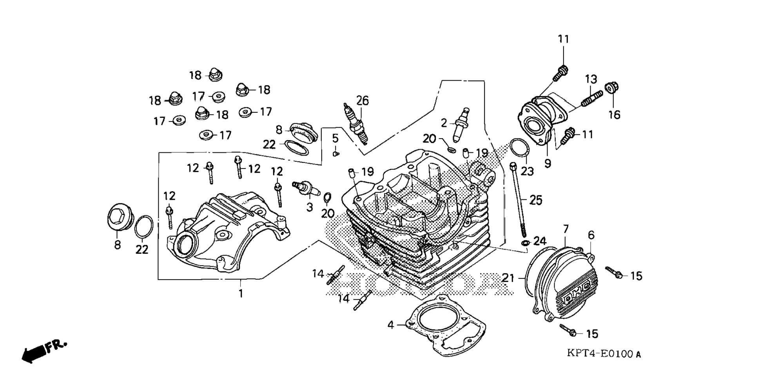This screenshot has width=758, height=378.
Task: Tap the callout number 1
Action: click(241, 293)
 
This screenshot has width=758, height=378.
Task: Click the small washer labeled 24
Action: click(525, 243)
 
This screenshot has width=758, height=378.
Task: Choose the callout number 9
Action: click(548, 163)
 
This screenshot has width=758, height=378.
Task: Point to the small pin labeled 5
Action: click(335, 154)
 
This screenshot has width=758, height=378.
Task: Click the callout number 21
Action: click(508, 278)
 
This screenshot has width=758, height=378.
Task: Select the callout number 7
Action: click(566, 229)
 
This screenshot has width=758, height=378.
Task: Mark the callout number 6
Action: click(591, 235)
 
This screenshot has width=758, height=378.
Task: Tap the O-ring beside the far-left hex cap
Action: click(143, 226)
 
